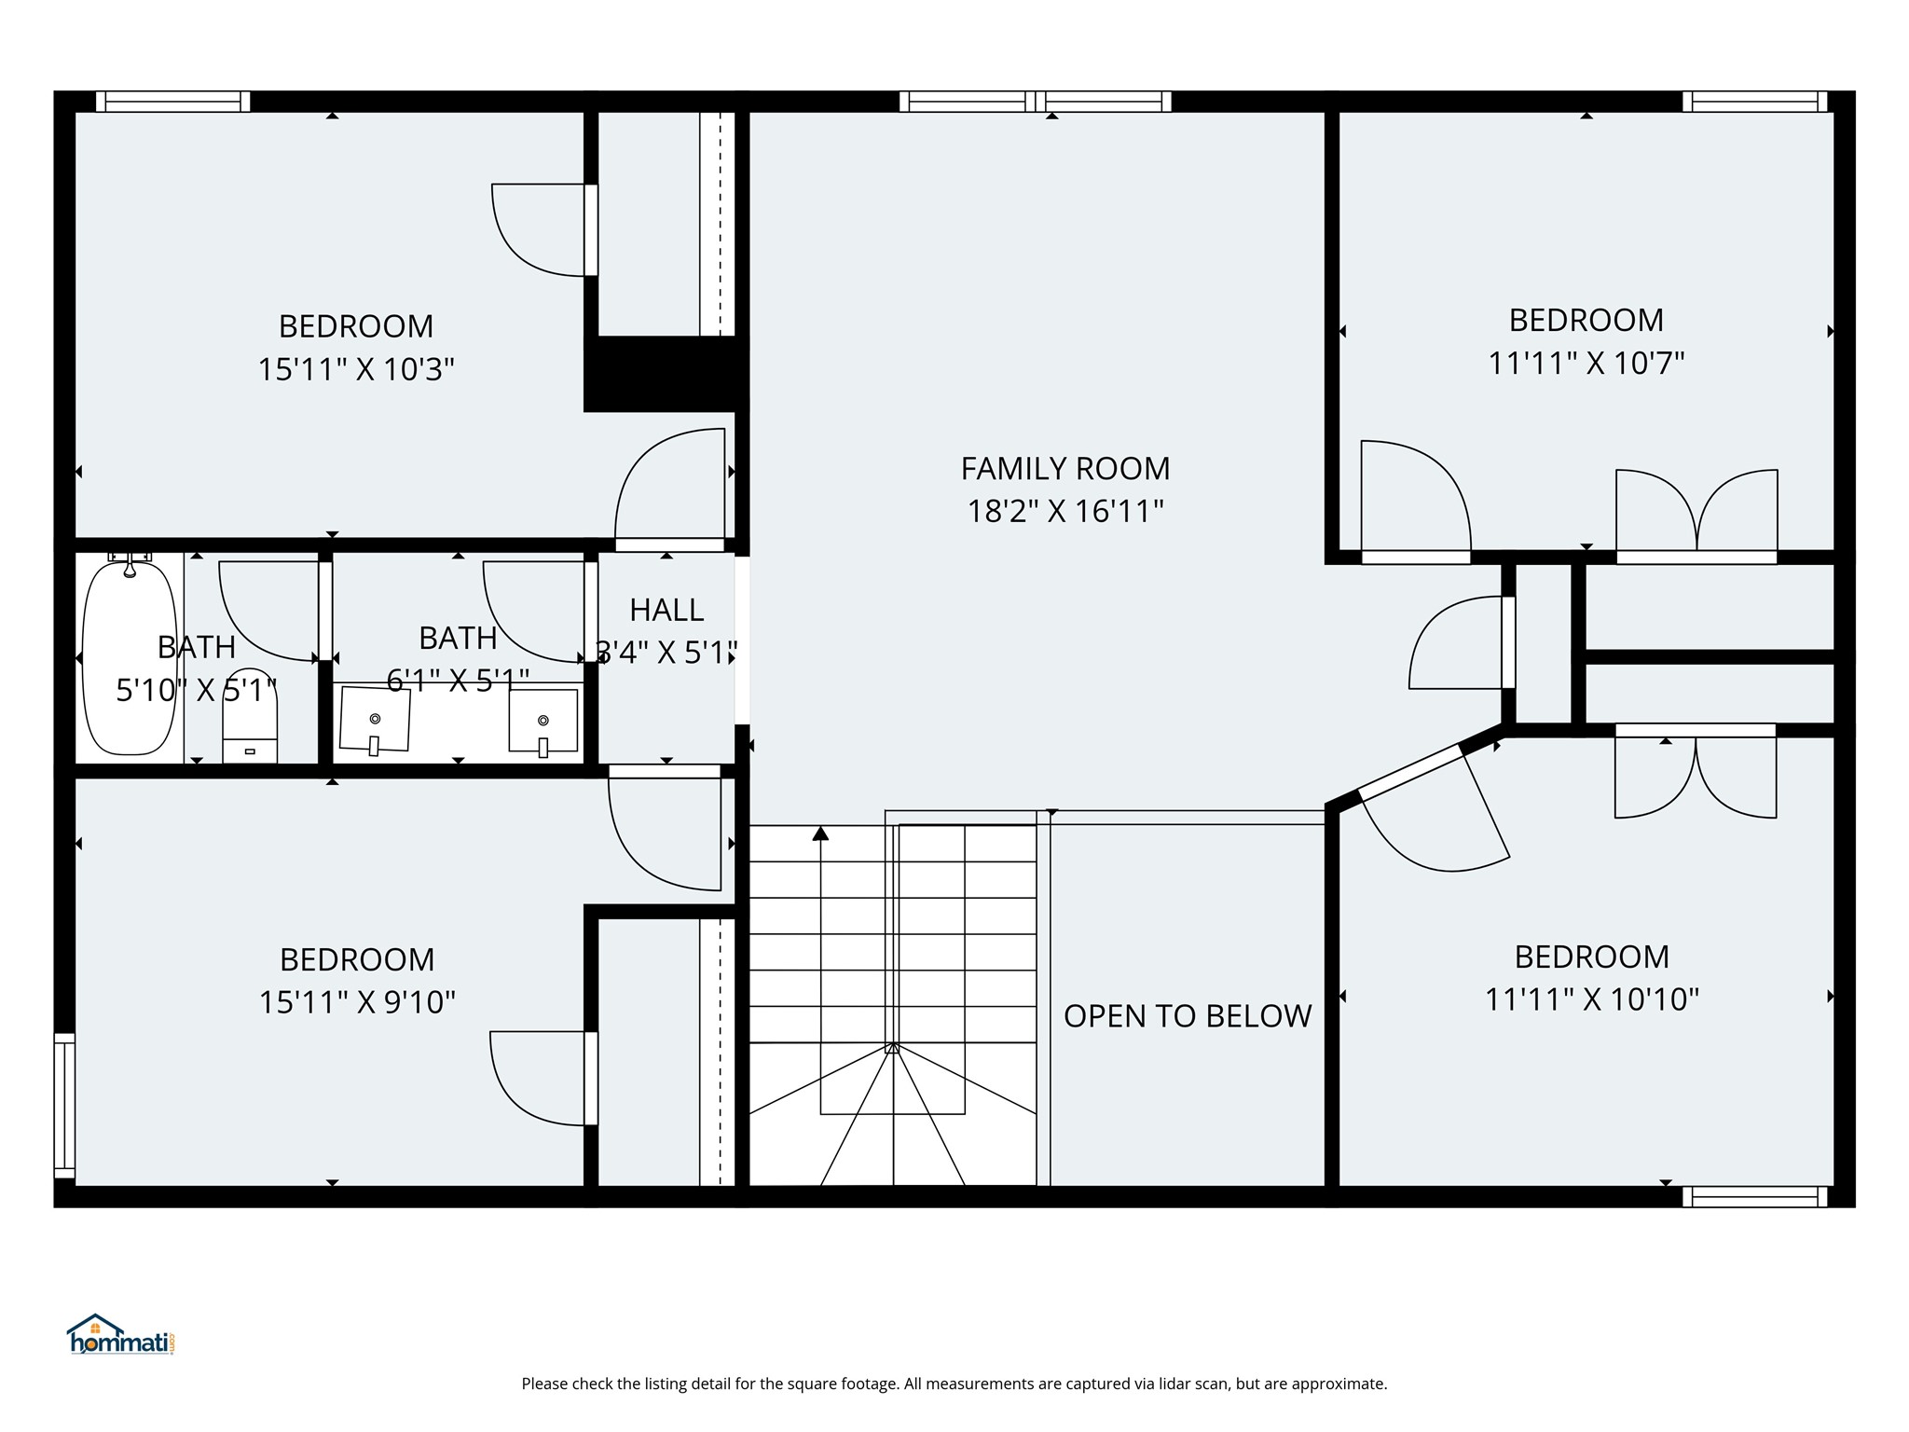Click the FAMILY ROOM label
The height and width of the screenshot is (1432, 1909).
[x=1064, y=468]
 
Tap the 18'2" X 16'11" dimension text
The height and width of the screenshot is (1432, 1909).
[x=1065, y=511]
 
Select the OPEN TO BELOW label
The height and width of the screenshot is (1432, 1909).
[x=1188, y=1016]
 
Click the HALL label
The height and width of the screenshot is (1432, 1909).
[x=666, y=610]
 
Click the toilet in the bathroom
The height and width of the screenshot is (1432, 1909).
[x=250, y=715]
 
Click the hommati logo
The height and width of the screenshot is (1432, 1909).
[x=121, y=1335]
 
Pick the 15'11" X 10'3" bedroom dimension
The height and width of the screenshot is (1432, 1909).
[x=356, y=369]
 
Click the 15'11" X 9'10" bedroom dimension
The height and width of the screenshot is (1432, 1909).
[x=357, y=1002]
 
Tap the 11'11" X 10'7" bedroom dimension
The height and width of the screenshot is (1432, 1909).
[x=1586, y=363]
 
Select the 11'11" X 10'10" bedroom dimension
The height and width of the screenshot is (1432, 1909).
[x=1592, y=999]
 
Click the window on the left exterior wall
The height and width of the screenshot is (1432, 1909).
[x=64, y=1106]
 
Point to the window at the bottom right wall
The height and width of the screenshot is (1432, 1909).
[x=1755, y=1196]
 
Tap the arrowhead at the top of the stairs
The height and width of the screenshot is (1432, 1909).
[x=820, y=833]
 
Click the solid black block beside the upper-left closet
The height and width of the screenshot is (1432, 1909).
[x=666, y=373]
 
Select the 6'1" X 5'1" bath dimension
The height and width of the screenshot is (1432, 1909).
[x=459, y=680]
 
